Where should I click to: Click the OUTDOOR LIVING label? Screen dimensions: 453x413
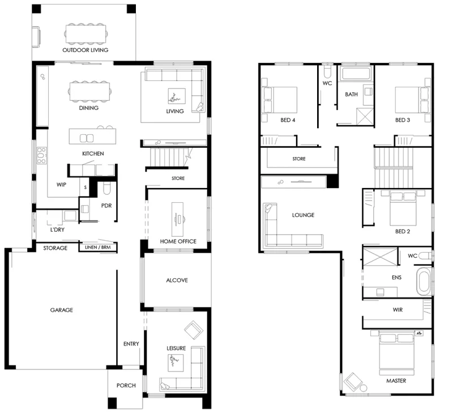pos(86,50)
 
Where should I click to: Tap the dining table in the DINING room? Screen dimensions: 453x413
pos(89,92)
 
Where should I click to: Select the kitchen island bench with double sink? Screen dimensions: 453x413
pos(92,137)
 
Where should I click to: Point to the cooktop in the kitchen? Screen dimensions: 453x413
pos(41,156)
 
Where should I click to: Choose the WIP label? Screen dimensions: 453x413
pos(61,184)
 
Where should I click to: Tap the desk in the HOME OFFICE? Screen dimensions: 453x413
pos(177,219)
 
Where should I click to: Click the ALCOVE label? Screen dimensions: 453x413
pos(177,280)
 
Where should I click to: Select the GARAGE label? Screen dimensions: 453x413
pos(61,310)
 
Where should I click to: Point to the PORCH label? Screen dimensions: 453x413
pos(126,385)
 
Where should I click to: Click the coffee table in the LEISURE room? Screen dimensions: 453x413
pos(176,363)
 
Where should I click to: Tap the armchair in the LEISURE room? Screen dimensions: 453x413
pos(194,330)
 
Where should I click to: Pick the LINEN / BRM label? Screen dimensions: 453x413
pos(97,248)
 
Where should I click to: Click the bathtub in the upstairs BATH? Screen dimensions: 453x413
pos(356,74)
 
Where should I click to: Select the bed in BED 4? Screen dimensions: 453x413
pos(279,100)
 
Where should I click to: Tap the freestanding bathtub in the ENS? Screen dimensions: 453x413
pos(424,281)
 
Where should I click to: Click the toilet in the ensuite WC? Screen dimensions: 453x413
pos(425,256)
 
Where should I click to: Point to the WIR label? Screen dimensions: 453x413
pos(398,310)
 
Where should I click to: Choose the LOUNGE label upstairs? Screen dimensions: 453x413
pos(303,215)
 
